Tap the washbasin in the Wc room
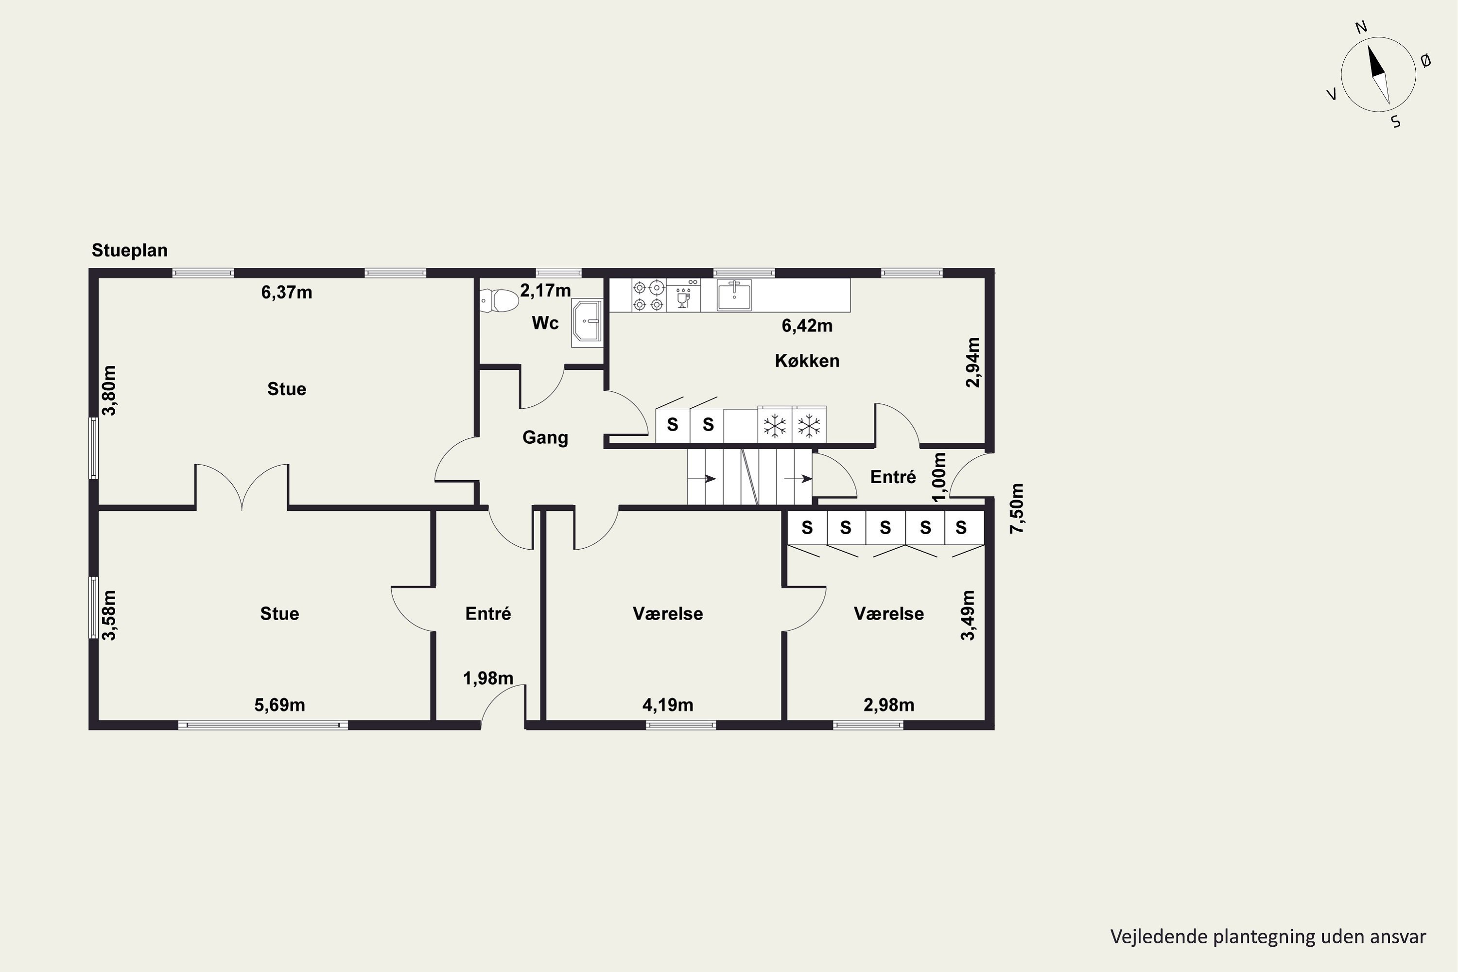[587, 321]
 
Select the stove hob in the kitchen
[648, 295]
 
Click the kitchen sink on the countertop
[734, 295]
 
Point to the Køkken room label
[807, 361]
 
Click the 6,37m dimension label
[286, 292]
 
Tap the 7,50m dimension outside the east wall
[1017, 508]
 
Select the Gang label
[545, 438]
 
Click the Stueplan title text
[130, 250]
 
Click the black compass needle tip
[1369, 45]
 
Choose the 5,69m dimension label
[279, 705]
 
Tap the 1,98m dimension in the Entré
[488, 678]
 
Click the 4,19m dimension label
[668, 705]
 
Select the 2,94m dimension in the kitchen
[973, 362]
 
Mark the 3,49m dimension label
[967, 615]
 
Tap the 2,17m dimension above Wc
[545, 290]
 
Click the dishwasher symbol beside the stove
[683, 295]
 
